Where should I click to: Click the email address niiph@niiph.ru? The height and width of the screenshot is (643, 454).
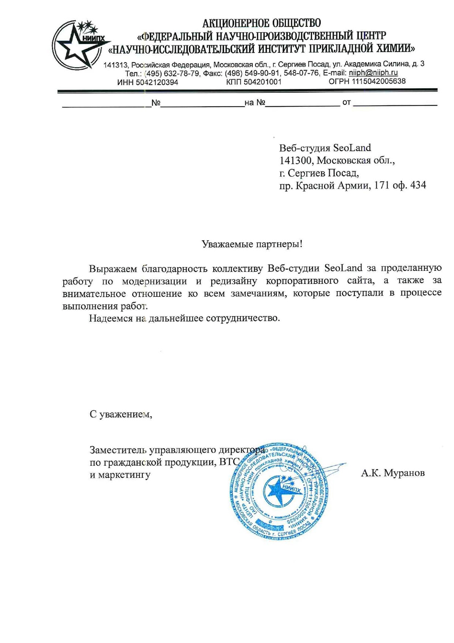click(373, 73)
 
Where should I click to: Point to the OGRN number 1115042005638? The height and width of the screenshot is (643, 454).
click(378, 81)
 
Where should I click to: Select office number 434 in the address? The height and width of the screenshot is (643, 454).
click(418, 185)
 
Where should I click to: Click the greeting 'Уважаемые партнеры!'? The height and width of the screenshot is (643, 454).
click(252, 244)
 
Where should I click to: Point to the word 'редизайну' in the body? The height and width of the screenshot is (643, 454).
click(234, 281)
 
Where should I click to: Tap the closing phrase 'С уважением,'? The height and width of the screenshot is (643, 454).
click(121, 414)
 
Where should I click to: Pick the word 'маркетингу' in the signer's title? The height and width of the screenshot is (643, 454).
click(124, 474)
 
